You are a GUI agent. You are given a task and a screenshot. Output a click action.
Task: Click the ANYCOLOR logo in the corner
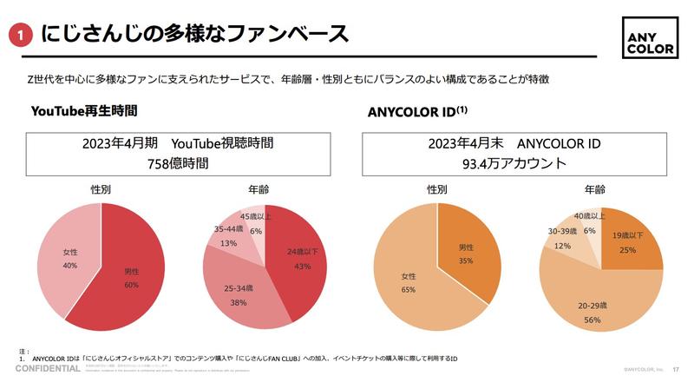click(652, 37)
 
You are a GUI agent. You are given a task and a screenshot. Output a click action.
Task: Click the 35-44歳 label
click(228, 230)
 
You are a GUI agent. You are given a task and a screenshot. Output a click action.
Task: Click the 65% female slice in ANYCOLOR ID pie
click(408, 282)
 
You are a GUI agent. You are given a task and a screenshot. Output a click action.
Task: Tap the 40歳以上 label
click(589, 216)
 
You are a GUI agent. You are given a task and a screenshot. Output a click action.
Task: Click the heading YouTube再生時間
click(84, 111)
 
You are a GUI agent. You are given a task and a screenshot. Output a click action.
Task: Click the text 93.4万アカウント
click(514, 162)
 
